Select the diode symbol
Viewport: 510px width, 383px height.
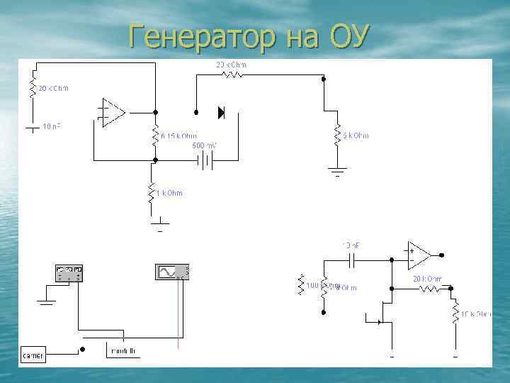coord(221,111)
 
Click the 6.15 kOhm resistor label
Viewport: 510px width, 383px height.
coord(179,136)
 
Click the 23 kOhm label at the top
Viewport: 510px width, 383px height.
coord(231,65)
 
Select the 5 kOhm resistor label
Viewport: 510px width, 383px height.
coord(356,135)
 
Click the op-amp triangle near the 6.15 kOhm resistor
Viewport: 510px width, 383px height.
coord(112,112)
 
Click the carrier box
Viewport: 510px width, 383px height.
coord(33,355)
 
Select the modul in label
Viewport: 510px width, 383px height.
coord(124,350)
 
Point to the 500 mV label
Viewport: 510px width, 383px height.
coord(205,145)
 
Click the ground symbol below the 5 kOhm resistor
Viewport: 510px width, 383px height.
coord(337,170)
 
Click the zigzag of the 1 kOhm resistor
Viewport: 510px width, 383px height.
coord(151,194)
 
